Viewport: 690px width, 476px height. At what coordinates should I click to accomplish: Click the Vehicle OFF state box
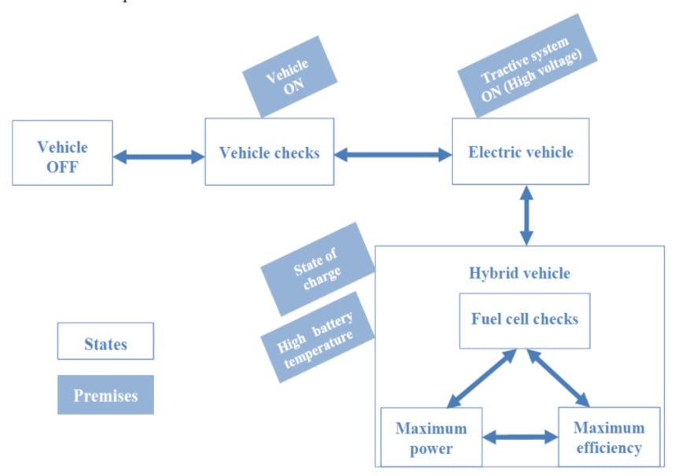(x=62, y=153)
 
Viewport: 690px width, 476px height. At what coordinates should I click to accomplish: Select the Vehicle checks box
(x=269, y=152)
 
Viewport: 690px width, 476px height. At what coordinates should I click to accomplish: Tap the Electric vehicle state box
(x=520, y=152)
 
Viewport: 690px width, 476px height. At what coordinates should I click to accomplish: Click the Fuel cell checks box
(x=524, y=319)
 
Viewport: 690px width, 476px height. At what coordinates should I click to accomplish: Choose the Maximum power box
(x=430, y=437)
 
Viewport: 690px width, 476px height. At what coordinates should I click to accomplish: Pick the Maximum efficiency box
(x=608, y=437)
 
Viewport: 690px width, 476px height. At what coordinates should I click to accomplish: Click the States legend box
(x=105, y=344)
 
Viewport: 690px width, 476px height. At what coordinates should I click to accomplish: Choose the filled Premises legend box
(x=105, y=395)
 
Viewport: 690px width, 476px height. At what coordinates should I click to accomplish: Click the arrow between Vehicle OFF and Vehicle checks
(x=158, y=157)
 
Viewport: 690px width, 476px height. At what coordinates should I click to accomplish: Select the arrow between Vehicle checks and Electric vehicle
(x=393, y=155)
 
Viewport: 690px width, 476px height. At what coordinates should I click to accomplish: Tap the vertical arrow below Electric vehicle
(x=526, y=215)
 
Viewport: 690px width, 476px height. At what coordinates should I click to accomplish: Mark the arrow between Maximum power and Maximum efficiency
(x=519, y=436)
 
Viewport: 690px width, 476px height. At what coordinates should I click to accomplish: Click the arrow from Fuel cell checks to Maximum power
(x=481, y=379)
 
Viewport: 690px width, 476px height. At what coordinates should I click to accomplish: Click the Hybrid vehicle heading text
(x=519, y=274)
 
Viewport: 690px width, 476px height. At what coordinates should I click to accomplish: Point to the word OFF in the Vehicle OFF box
(x=63, y=166)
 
